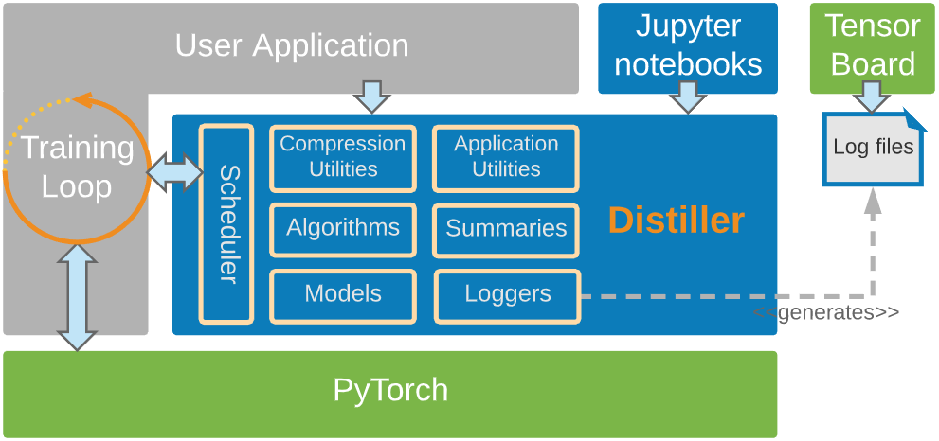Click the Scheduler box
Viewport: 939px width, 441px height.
pyautogui.click(x=226, y=223)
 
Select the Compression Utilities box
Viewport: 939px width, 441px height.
pyautogui.click(x=342, y=158)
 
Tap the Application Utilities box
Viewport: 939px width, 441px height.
pyautogui.click(x=506, y=158)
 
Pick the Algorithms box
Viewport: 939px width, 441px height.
pyautogui.click(x=342, y=229)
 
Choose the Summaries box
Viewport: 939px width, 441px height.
pyautogui.click(x=506, y=229)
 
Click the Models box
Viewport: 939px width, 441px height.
pyautogui.click(x=342, y=295)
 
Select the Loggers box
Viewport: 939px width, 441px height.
pyautogui.click(x=507, y=295)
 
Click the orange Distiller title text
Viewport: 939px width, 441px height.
pyautogui.click(x=676, y=220)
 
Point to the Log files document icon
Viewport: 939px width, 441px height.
pyautogui.click(x=873, y=148)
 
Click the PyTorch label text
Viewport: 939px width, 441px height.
pyautogui.click(x=390, y=390)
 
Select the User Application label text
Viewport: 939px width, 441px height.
pyautogui.click(x=292, y=45)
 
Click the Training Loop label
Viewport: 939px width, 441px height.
pyautogui.click(x=77, y=167)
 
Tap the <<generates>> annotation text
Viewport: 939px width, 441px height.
pyautogui.click(x=825, y=312)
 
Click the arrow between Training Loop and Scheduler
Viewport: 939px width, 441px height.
pyautogui.click(x=175, y=172)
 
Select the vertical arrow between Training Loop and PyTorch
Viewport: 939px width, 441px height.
pyautogui.click(x=77, y=296)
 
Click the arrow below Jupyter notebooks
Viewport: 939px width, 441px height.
pyautogui.click(x=688, y=97)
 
